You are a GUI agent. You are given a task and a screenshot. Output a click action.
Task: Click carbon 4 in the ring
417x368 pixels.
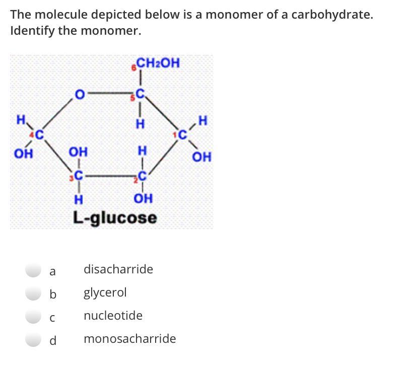37,134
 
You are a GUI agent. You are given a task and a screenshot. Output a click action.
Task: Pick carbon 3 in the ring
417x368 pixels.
79,176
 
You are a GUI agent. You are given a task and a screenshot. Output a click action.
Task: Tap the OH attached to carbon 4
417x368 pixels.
22,153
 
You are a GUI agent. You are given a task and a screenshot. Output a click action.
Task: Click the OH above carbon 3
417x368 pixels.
78,152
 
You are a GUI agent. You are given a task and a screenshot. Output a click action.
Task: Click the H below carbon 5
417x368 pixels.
142,123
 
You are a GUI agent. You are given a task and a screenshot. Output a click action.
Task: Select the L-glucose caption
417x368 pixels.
115,218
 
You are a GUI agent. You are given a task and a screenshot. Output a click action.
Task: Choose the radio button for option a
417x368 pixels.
33,270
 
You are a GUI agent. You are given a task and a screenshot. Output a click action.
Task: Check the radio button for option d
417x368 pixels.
33,340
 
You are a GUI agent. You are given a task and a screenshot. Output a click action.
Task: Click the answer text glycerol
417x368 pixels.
105,292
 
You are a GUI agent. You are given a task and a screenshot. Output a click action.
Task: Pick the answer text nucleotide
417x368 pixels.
113,316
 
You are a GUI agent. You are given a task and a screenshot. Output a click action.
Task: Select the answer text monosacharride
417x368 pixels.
129,339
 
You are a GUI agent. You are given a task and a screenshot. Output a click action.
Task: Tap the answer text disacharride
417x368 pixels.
118,269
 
